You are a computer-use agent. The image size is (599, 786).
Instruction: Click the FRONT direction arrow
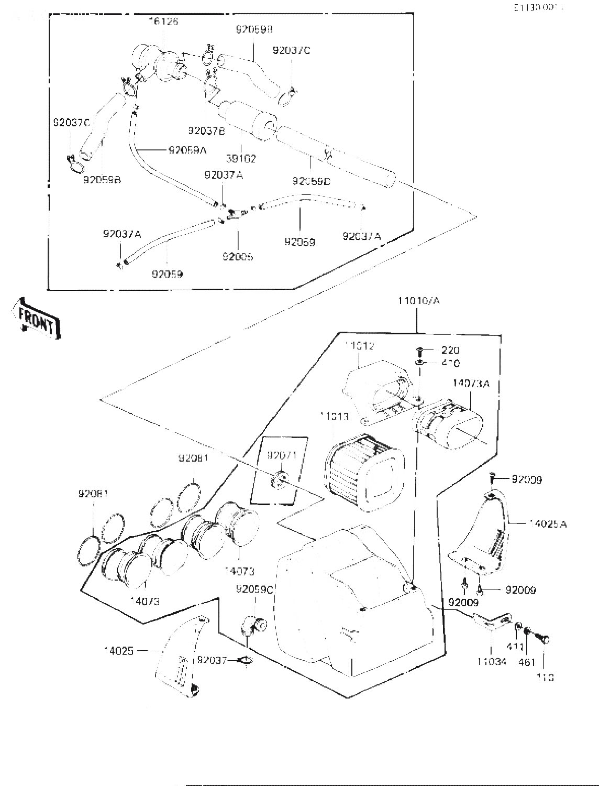point(36,318)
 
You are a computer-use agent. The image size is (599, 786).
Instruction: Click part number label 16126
point(163,21)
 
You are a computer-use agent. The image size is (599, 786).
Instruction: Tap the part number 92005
point(237,257)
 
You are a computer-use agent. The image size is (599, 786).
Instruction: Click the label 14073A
point(471,384)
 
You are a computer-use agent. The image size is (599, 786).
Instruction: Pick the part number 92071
point(282,455)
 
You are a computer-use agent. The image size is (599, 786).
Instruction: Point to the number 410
point(450,363)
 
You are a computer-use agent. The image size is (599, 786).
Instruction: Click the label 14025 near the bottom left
point(119,650)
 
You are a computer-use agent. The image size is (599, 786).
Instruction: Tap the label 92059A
point(187,150)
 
